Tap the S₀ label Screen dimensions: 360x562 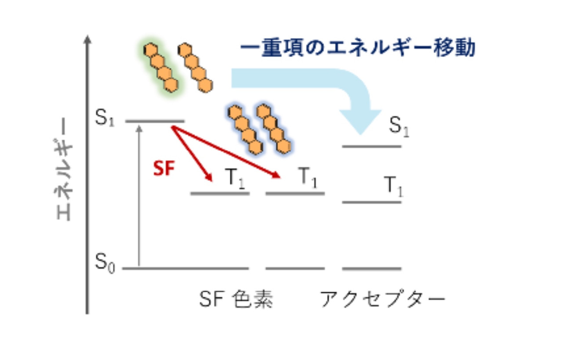pyautogui.click(x=105, y=263)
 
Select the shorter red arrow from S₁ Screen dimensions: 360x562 pyautogui.click(x=192, y=153)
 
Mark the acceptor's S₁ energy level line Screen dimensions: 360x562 pyautogui.click(x=372, y=146)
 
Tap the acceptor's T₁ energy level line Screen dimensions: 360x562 pyautogui.click(x=372, y=202)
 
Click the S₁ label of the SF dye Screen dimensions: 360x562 pyautogui.click(x=105, y=118)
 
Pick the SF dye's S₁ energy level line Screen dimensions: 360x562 pyautogui.click(x=155, y=120)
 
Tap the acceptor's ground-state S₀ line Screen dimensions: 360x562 pyautogui.click(x=372, y=268)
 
